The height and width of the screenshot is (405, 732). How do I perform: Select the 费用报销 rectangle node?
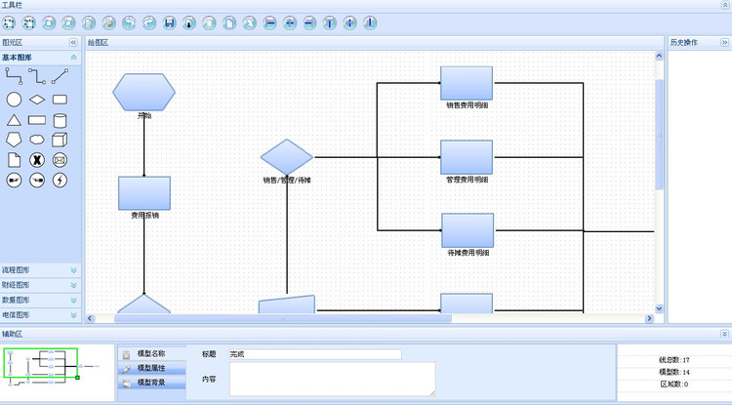point(144,192)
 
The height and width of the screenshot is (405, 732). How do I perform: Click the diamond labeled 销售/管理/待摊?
point(287,157)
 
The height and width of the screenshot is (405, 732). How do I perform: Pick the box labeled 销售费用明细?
point(467,82)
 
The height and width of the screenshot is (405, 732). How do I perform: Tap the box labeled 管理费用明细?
point(467,156)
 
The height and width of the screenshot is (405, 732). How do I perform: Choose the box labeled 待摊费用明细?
point(467,230)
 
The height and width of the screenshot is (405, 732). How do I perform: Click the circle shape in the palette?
point(14,100)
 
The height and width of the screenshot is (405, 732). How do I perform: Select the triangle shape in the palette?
point(14,120)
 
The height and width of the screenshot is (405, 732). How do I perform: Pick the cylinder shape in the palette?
point(60,120)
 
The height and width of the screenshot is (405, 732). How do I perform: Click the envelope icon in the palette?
point(60,159)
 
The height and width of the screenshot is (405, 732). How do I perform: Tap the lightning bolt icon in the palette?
point(60,180)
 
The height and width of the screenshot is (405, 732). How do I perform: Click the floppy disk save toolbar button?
point(169,21)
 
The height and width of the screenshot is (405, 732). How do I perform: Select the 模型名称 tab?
point(150,353)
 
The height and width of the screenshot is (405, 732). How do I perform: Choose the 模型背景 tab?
point(150,383)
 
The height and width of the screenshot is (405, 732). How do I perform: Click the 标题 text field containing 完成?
point(314,354)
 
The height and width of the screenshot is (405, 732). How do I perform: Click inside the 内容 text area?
point(332,379)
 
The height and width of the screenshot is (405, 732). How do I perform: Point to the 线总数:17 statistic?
point(673,360)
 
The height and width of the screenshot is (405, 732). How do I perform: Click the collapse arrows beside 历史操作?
point(724,43)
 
